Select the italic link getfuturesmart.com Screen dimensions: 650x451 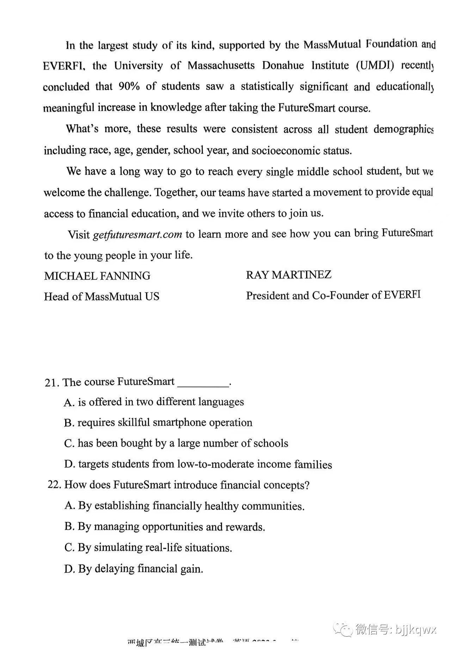tap(137, 235)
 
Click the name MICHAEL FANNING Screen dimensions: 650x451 tap(97, 276)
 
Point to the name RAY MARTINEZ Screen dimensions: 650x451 tap(289, 275)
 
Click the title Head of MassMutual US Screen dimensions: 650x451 tap(101, 296)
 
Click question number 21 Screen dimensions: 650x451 tap(51, 383)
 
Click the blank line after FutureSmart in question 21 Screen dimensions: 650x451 tap(203, 383)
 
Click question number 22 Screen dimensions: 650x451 tap(54, 485)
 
